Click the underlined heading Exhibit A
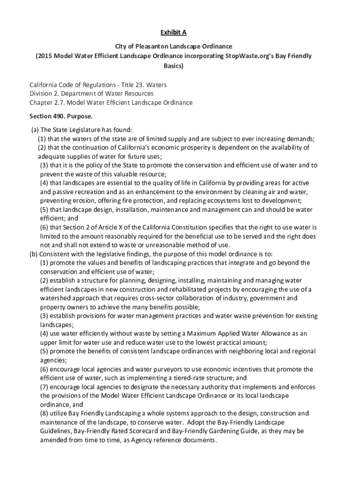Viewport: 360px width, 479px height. coord(174,32)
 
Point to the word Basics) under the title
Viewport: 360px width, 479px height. coord(174,65)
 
